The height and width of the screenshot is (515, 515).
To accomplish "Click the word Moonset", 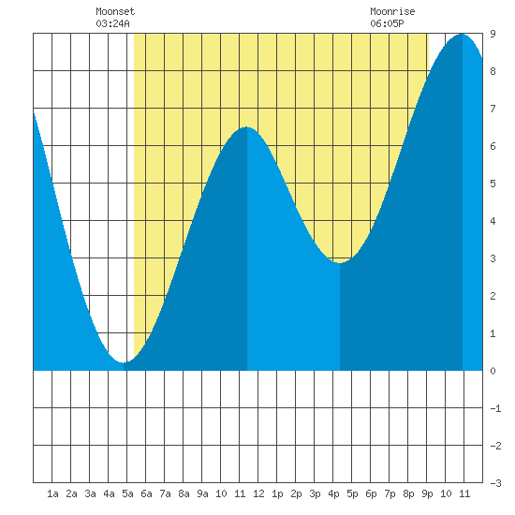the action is tap(115, 11).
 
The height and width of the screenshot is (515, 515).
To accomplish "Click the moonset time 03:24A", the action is tap(112, 23).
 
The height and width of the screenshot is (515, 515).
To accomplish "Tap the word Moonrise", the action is tap(392, 11).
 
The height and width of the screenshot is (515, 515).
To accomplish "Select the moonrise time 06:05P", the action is tap(387, 23).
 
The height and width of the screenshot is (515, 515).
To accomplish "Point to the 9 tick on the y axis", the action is tap(493, 34).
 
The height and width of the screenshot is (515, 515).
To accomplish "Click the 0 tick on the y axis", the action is tap(493, 371).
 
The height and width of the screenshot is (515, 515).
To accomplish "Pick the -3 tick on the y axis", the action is tap(495, 483).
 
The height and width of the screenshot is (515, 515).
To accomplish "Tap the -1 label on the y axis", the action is tap(495, 408).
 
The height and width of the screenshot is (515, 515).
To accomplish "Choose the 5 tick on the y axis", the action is tap(493, 184).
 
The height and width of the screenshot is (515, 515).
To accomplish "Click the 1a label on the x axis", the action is tap(52, 493).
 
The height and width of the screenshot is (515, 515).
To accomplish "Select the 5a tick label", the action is tap(127, 493).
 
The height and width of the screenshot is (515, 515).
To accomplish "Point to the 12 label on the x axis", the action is tap(258, 493).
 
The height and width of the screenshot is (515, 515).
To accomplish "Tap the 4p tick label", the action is tap(333, 493).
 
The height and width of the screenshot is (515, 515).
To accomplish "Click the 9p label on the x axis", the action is tap(427, 493).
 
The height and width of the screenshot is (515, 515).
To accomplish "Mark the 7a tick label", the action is tap(165, 493).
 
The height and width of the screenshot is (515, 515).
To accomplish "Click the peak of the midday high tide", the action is tap(246, 127).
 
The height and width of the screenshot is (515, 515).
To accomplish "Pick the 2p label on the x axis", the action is tap(296, 493).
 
